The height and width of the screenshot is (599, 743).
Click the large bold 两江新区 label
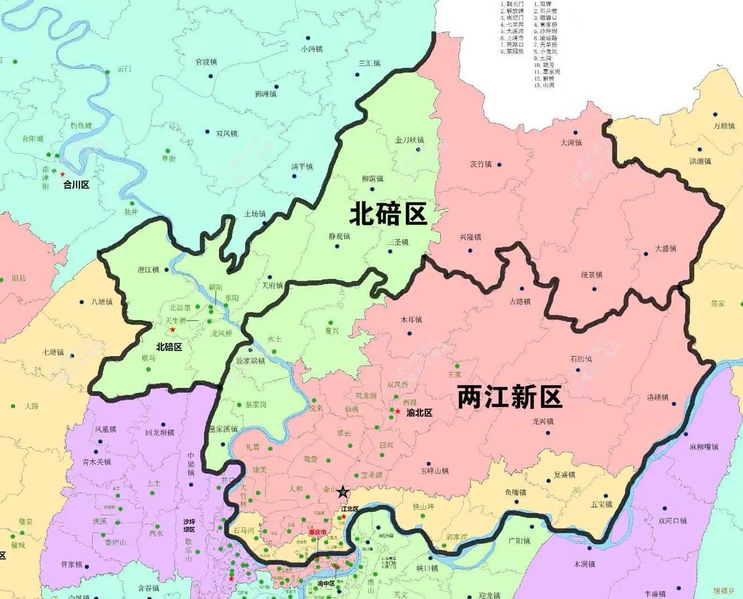coord(510,397)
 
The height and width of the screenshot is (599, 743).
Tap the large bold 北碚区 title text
coord(388,214)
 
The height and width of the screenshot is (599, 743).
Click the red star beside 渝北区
coord(398,412)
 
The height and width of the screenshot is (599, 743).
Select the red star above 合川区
coord(62,174)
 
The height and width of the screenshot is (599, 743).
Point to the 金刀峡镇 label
coord(409,140)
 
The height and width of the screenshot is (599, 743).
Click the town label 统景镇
coord(591,275)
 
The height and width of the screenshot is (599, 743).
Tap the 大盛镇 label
coord(665,248)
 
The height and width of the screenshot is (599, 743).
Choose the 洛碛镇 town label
coord(658,397)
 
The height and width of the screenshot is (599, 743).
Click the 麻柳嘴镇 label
coord(704,447)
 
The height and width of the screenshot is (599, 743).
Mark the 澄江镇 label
coord(148,270)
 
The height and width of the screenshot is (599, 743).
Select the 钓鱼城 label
coord(81,126)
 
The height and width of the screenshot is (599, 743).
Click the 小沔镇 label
coord(312,49)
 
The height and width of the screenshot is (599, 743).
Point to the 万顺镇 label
coord(724,126)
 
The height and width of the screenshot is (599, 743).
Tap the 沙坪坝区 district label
coord(189,526)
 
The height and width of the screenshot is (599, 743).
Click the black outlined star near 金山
coord(343,491)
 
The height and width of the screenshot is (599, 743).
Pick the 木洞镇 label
coord(584,564)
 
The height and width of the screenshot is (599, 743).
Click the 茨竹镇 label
coord(481,164)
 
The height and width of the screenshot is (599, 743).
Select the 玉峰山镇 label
coord(434,471)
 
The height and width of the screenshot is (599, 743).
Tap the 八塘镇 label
coord(101,302)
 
